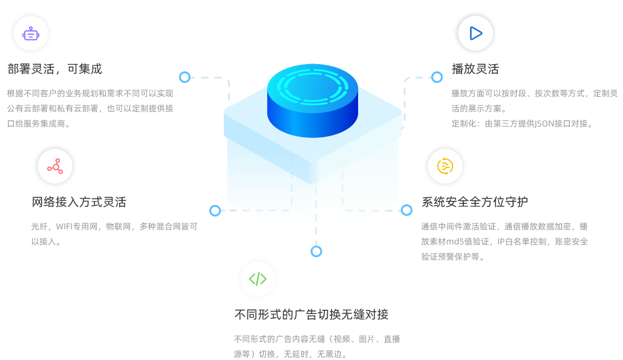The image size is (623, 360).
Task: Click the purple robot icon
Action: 31,34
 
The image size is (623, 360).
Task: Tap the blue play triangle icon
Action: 475,33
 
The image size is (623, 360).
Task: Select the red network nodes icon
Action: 55,166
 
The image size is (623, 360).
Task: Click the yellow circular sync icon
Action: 445,166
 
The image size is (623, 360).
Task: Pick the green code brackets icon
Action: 258,279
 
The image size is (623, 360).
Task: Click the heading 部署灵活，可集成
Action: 55,69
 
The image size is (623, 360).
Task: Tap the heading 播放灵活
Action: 475,69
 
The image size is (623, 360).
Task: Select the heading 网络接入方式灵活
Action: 79,202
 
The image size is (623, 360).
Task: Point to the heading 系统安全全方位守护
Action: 475,202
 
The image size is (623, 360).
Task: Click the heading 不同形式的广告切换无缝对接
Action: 311,315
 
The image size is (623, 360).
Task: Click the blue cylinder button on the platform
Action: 313,101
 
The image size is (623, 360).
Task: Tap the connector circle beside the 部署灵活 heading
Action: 184,77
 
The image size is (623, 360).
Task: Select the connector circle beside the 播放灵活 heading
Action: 437,77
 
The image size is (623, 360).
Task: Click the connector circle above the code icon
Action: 316,252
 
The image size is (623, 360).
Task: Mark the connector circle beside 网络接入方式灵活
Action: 215,211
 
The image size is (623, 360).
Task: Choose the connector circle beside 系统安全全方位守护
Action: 406,210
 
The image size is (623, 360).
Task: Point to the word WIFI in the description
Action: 64,227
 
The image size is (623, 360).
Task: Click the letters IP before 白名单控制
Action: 501,242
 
